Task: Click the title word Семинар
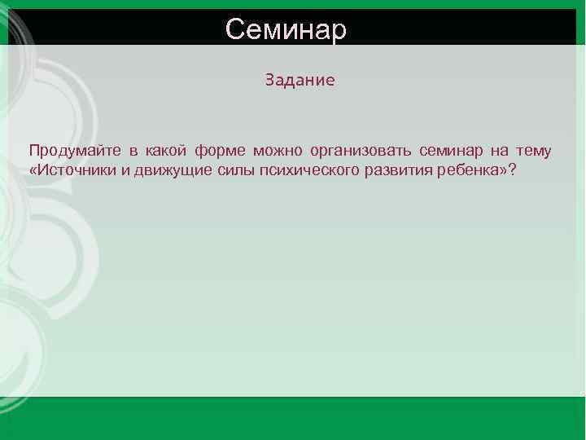coord(286,29)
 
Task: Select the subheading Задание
coord(300,81)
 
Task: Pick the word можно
coord(277,151)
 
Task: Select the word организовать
coord(361,151)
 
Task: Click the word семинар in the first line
coord(451,151)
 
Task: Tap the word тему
coord(533,151)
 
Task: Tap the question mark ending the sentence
coord(513,172)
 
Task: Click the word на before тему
coord(498,151)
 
